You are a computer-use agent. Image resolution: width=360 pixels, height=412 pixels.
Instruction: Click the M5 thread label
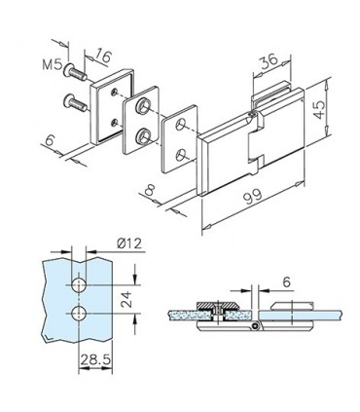[x=52, y=64]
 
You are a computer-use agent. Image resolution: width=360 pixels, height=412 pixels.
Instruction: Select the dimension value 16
[x=103, y=56]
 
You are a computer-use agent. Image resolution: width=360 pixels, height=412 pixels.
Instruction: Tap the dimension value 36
[x=270, y=61]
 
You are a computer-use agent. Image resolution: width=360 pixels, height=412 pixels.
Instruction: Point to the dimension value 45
[x=319, y=109]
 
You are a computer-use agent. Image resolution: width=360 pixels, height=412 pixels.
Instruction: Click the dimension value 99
[x=253, y=196]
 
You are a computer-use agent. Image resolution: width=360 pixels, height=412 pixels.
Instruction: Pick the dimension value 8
[x=149, y=189]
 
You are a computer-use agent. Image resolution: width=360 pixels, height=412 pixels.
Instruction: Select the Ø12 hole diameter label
[x=129, y=243]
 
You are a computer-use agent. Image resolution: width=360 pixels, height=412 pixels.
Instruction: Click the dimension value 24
[x=126, y=299]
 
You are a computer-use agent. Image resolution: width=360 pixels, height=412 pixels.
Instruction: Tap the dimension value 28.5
[x=95, y=359]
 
